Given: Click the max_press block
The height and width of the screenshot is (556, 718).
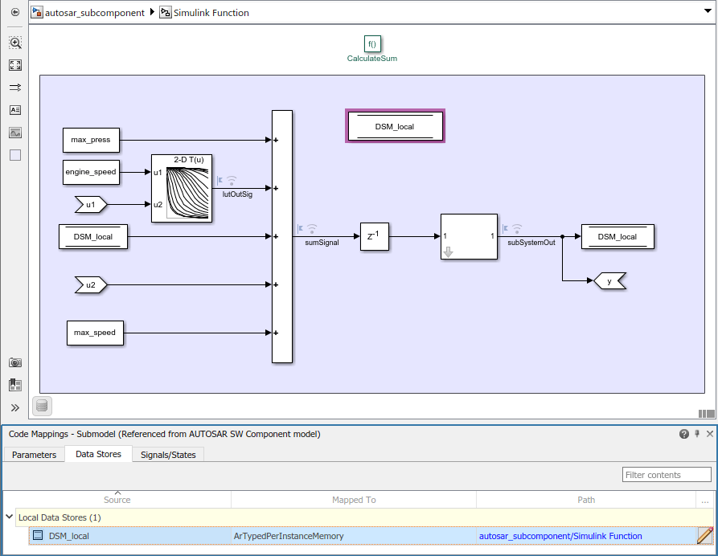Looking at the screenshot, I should point(91,140).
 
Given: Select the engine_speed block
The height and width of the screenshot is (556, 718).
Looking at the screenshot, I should point(91,172).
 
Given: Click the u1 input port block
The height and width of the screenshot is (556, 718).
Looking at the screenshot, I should point(91,204).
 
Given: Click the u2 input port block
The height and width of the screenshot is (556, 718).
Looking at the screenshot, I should point(91,284).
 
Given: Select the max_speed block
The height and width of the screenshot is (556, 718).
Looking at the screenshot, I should point(95,333).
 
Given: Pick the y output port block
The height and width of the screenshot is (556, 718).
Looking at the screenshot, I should point(609,281).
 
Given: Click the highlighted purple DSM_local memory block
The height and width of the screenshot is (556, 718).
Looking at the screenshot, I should point(395,127).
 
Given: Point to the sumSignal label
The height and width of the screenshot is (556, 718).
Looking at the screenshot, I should point(322,242).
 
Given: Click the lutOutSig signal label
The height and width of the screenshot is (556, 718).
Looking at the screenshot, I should point(236,194).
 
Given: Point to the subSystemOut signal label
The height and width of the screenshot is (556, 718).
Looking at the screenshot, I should point(531,242).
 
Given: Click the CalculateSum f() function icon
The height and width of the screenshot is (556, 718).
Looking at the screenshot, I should point(371,44).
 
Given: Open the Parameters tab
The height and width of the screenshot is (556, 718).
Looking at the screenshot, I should point(34,455).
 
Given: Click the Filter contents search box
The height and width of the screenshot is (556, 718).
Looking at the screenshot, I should point(667,475).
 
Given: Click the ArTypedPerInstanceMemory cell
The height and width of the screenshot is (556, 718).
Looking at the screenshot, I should point(288,536).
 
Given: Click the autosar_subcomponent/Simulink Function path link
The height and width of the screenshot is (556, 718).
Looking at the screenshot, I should point(560,536).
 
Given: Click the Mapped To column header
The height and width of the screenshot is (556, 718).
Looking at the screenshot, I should point(354,500).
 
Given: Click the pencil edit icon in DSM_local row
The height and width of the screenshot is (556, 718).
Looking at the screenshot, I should point(705,536).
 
